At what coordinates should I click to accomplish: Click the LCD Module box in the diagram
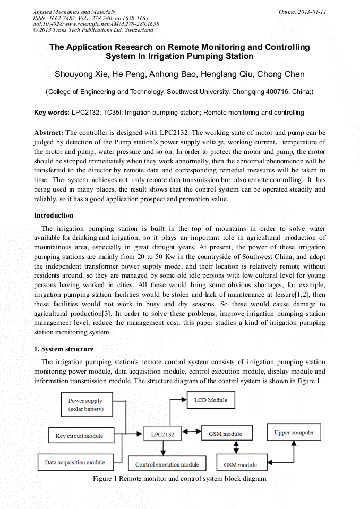[210, 400]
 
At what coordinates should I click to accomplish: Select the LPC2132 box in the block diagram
[162, 434]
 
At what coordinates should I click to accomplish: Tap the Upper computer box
[294, 433]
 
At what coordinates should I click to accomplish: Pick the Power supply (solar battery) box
[85, 405]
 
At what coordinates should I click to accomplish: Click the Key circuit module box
[79, 436]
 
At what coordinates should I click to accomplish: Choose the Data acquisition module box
[75, 462]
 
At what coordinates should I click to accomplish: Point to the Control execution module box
[167, 464]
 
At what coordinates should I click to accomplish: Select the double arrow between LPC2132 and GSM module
[191, 434]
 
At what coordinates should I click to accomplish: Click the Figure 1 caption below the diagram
[179, 479]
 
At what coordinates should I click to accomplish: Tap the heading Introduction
[54, 215]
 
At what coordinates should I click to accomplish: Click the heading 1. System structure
[64, 349]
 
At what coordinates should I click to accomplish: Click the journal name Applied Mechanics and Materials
[73, 12]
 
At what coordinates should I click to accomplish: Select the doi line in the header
[96, 24]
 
